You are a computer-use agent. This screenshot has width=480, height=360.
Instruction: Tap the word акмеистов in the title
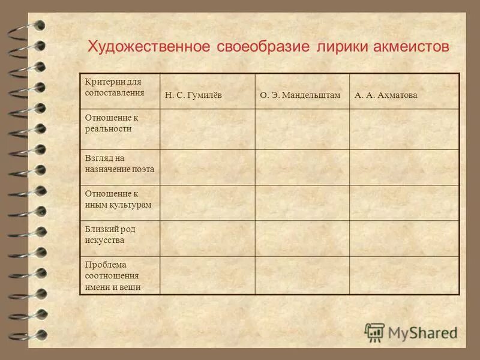pos(414,47)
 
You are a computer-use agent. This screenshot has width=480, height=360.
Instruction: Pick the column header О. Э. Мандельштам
pos(300,95)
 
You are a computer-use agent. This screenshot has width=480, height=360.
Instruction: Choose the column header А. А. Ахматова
pos(386,95)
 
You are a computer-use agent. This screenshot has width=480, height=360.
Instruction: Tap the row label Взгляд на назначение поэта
pos(119,164)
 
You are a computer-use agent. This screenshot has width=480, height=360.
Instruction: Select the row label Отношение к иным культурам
pos(117,199)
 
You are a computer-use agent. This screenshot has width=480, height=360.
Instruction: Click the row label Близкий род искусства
pos(112,235)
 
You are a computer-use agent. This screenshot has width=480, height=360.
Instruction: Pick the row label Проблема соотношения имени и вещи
pos(113,275)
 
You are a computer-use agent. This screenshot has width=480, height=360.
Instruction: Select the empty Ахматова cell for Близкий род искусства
pos(404,238)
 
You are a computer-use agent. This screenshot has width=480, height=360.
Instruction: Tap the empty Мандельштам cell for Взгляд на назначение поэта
pos(302,167)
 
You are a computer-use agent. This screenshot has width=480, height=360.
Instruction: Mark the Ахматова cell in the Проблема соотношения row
pos(404,275)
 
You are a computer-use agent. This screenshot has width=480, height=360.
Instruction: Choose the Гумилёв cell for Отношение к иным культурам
pos(207,202)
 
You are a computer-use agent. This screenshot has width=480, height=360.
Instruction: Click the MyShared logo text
pos(422,332)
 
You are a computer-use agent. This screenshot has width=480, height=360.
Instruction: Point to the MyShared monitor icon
pos(374,332)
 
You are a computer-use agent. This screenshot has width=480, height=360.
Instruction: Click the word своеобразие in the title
pos(262,47)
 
